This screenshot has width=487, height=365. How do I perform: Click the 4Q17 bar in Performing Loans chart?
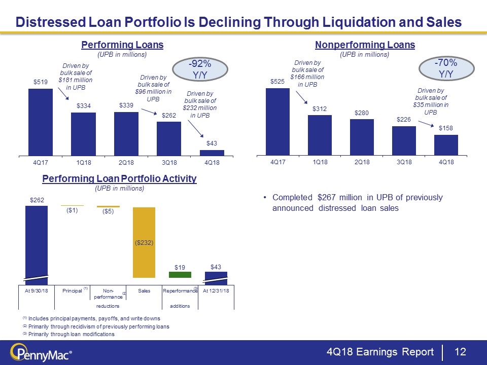point(40,122)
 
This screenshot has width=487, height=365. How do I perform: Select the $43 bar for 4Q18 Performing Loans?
point(212,152)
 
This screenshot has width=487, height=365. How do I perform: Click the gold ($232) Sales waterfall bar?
point(144,242)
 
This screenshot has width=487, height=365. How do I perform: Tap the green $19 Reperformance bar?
point(180,275)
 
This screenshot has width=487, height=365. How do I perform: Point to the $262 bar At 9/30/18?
point(37,241)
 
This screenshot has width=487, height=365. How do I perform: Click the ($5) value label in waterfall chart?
point(108,212)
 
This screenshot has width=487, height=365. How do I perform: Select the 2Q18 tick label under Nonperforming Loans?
point(361,162)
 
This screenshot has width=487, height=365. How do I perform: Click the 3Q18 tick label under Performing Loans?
point(168,163)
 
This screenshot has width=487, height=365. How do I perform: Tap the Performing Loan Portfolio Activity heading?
point(119,179)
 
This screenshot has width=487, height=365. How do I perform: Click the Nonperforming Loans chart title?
point(365,45)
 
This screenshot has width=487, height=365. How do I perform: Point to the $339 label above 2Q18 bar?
point(126,105)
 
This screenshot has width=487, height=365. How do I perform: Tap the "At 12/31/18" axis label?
point(216,290)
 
